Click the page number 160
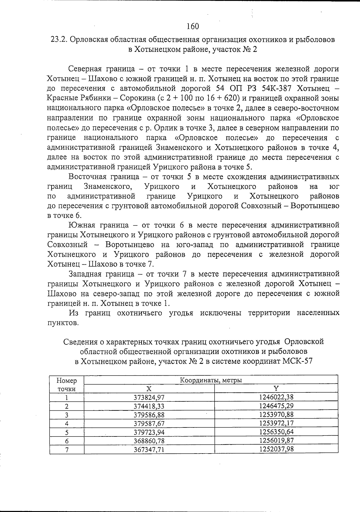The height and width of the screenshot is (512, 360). tap(192, 26)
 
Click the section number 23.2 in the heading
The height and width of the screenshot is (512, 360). tap(58, 40)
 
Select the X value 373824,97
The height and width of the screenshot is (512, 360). tap(149, 397)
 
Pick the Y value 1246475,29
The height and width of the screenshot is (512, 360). tap(276, 406)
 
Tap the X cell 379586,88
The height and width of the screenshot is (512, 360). tap(149, 415)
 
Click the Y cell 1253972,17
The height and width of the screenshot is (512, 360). tap(276, 423)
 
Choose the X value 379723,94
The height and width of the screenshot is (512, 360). tap(149, 432)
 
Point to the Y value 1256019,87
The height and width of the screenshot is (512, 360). tap(276, 440)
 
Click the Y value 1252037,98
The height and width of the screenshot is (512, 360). tap(276, 449)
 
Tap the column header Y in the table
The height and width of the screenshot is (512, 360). tap(276, 388)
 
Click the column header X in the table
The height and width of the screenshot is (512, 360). tap(149, 389)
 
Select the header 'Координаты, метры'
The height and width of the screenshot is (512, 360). tap(211, 380)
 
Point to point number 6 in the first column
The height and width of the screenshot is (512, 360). tap(67, 441)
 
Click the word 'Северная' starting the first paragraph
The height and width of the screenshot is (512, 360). tap(85, 69)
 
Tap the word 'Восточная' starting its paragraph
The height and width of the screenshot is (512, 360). tap(87, 177)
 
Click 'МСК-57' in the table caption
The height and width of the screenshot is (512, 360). tap(297, 361)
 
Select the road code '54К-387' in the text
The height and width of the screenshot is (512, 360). tap(279, 89)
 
